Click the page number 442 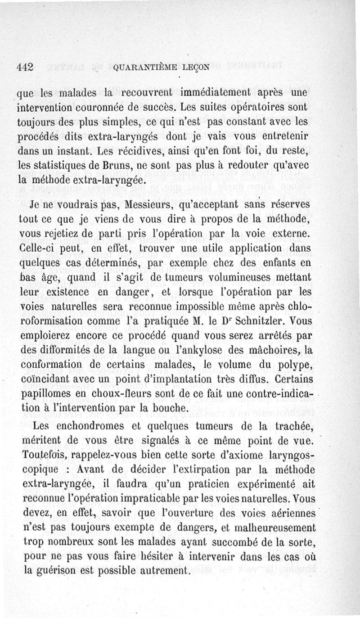tap(26, 67)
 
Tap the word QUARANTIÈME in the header tap(141, 68)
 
